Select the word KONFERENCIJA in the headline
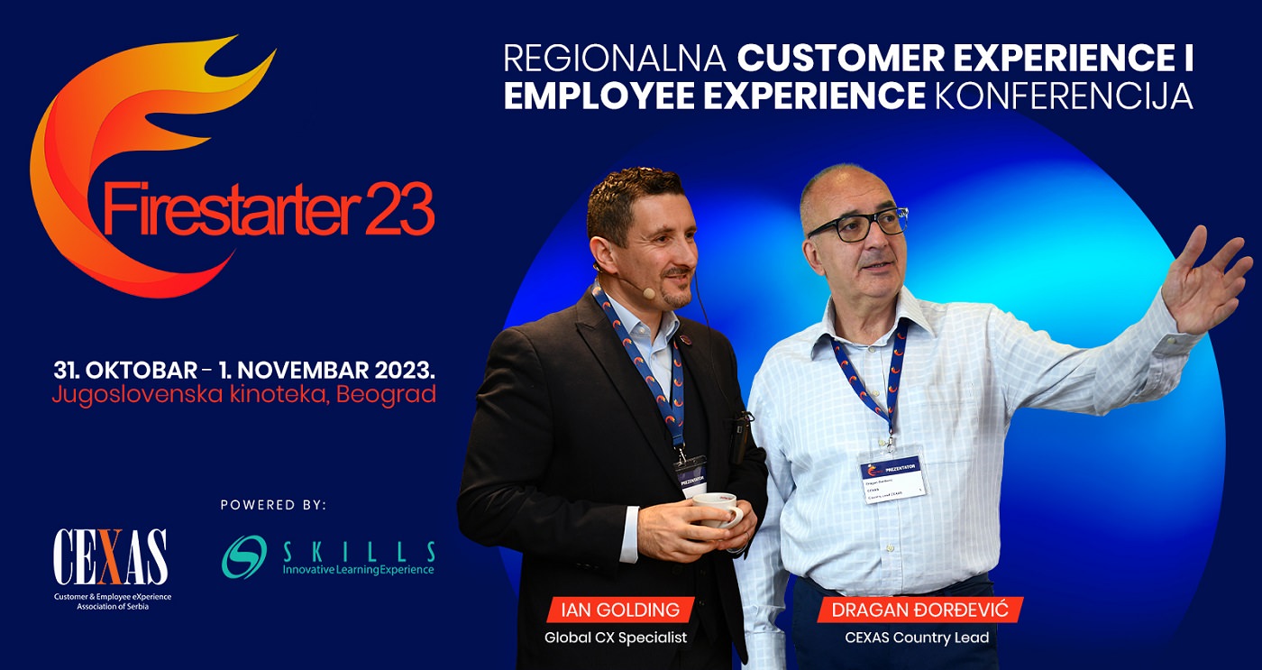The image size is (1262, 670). pyautogui.click(x=1064, y=96)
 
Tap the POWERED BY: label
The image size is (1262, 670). pyautogui.click(x=273, y=505)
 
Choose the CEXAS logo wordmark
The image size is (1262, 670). pyautogui.click(x=110, y=557)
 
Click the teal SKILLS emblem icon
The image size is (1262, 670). pyautogui.click(x=244, y=556)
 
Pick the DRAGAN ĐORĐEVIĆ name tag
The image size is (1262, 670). pyautogui.click(x=920, y=610)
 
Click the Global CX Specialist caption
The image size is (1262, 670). pyautogui.click(x=615, y=638)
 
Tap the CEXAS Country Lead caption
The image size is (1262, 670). pyautogui.click(x=916, y=638)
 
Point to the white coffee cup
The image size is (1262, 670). pyautogui.click(x=720, y=509)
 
